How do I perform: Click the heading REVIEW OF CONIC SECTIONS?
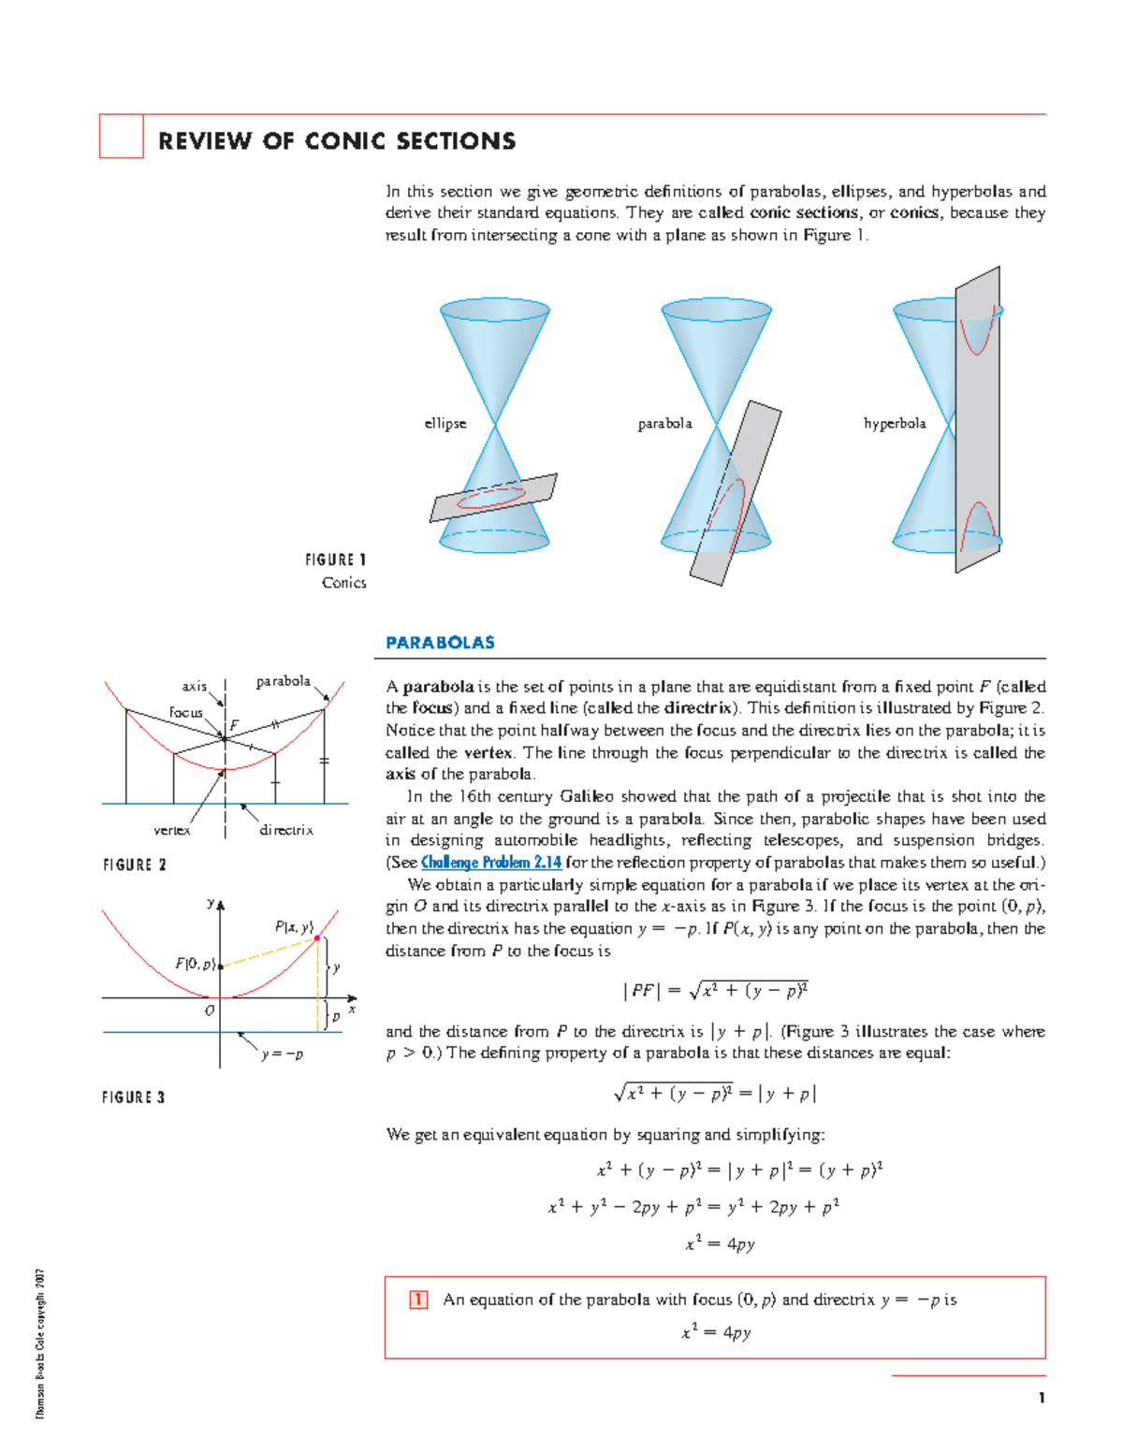[x=337, y=141]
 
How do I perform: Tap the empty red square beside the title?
[x=121, y=137]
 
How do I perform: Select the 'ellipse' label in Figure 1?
[x=445, y=424]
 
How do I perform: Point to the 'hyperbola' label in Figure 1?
[x=895, y=424]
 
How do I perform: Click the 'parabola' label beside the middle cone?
[x=665, y=424]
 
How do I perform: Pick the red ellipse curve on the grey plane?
[x=490, y=498]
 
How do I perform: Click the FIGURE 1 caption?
[x=335, y=560]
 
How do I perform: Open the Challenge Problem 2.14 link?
[x=491, y=863]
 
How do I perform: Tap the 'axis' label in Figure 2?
[x=195, y=687]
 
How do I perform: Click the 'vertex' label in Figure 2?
[x=172, y=830]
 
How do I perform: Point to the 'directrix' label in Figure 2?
[x=286, y=830]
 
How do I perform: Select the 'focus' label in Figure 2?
[x=185, y=713]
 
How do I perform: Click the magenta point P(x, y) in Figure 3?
[x=318, y=937]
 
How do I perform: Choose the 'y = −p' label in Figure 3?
[x=282, y=1054]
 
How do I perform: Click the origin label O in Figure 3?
[x=209, y=1010]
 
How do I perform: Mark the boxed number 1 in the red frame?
[x=418, y=1300]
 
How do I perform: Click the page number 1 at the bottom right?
[x=1041, y=1399]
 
